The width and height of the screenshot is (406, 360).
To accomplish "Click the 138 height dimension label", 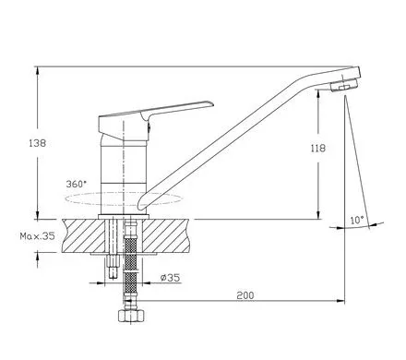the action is tap(38, 143).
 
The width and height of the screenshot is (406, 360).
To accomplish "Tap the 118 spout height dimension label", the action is tap(318, 149).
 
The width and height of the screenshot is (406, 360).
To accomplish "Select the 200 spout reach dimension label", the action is tap(245, 295).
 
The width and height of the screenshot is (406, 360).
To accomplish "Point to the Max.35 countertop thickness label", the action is tap(37, 236).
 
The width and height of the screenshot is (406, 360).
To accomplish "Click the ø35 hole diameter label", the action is tap(170, 278).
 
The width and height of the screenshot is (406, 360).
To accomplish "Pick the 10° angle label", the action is tap(357, 221).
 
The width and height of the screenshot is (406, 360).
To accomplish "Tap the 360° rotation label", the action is tap(77, 184).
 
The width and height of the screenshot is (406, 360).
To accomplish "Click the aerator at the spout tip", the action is tap(344, 85).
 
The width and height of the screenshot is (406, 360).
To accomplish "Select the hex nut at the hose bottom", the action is tap(131, 316).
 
